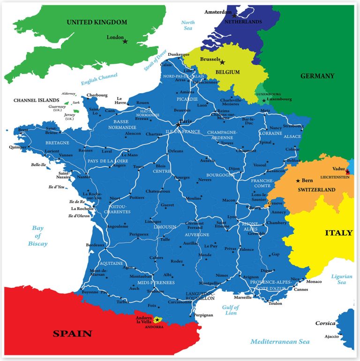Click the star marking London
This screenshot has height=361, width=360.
click(x=125, y=42)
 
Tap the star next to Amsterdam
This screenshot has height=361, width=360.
click(x=234, y=15)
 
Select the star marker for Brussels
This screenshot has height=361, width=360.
click(x=223, y=62)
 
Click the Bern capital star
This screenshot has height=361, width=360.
click(x=298, y=180)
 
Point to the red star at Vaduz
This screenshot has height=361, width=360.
click(x=347, y=172)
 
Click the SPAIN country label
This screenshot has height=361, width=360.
click(x=72, y=334)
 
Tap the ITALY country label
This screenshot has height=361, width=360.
click(x=338, y=233)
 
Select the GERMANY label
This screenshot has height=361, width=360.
click(x=317, y=76)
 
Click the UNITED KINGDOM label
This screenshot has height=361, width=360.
click(x=97, y=22)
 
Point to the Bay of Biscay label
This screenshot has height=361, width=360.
click(x=37, y=236)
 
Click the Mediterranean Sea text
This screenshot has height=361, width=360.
click(x=280, y=342)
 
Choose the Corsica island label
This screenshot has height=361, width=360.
click(x=325, y=323)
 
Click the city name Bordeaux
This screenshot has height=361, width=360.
click(x=95, y=245)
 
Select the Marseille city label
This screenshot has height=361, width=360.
click(x=243, y=297)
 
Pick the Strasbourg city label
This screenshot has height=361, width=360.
click(x=293, y=126)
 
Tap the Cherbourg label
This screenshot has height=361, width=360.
click(x=97, y=95)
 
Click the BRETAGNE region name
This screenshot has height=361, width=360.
click(x=57, y=143)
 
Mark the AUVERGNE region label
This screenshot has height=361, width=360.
click(x=197, y=234)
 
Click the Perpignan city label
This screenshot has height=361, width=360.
click(x=203, y=315)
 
